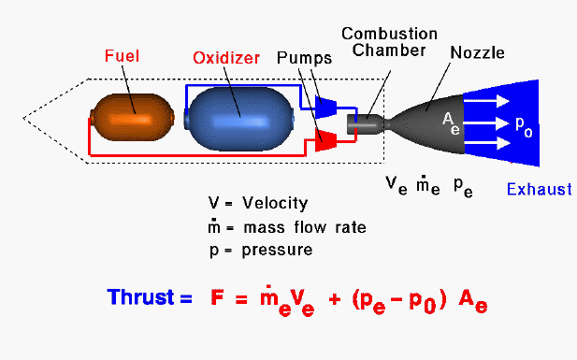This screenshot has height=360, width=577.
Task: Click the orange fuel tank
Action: coord(133,118)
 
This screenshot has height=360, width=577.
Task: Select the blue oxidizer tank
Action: coord(239,119)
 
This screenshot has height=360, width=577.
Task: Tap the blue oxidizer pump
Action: coord(326,107)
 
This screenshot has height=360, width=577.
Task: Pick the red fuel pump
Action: coord(326,140)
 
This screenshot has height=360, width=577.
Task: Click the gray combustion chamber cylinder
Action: coord(366,124)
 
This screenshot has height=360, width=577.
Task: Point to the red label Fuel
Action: coord(122,56)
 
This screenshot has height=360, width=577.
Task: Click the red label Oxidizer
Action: coord(226,58)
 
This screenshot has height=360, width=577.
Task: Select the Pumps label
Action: coord(304,58)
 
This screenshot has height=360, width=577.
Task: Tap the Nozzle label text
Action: coord(477,52)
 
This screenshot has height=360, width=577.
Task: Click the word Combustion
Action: coord(389,34)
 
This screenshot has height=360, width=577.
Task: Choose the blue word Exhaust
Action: coord(539,189)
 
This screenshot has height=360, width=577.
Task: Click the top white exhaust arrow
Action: coord(485,101)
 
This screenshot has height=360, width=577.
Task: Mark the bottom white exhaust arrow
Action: coord(486,143)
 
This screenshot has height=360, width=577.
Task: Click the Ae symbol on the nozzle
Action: coord(451,123)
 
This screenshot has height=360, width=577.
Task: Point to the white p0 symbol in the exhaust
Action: coord(524,127)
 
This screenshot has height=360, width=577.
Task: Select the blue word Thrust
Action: coord(140,296)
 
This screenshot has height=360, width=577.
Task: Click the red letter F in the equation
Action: coord(217,297)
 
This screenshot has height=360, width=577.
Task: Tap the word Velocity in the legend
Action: coord(275,203)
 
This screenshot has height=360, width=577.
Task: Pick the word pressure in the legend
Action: coord(277,251)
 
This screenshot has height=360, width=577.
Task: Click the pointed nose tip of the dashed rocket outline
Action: coord(23,118)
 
